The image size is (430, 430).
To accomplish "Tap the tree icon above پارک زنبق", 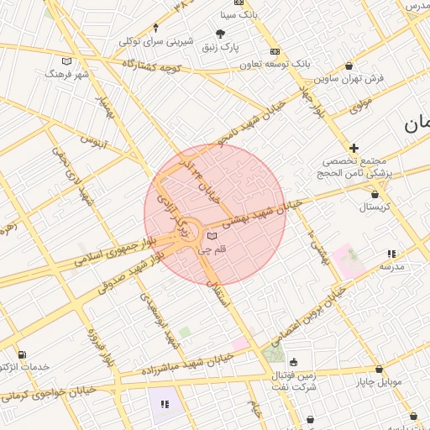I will [221, 34].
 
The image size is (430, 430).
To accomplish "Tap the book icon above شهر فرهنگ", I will [67, 60].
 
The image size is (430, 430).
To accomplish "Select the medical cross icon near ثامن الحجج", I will [354, 148].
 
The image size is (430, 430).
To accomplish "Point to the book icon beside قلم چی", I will [212, 236].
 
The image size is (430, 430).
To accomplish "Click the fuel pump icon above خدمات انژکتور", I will [21, 354].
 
